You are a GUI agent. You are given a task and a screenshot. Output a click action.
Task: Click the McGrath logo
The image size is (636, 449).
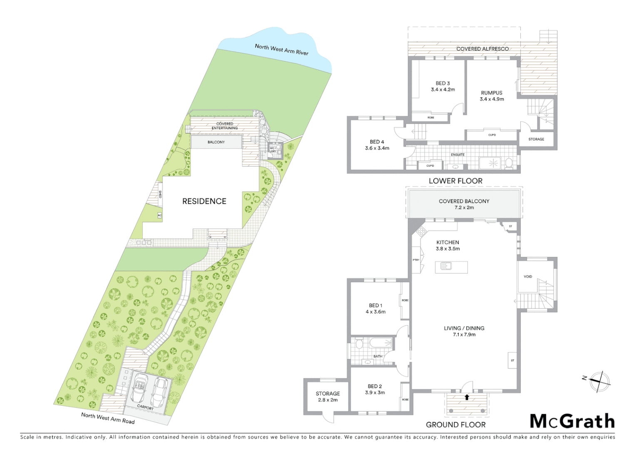coord(572,421)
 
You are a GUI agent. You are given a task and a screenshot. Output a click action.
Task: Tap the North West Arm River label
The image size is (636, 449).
coord(281,49)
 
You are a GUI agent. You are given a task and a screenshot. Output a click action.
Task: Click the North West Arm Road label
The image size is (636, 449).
coord(108,418)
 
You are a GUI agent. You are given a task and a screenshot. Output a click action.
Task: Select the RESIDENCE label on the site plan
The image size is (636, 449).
coord(204,201)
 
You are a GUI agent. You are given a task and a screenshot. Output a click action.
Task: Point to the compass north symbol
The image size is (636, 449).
coord(599,381)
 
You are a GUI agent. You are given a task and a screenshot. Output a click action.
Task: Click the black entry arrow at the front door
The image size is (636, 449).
coord(467,397)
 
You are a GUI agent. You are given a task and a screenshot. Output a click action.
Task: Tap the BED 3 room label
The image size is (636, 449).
coord(443,86)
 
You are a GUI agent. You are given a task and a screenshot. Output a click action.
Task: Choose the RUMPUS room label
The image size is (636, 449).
coord(492,96)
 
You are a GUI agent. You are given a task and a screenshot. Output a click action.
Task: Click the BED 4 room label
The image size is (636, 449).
coord(377,145)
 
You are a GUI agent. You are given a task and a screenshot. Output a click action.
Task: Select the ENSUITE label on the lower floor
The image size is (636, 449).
coord(457,155)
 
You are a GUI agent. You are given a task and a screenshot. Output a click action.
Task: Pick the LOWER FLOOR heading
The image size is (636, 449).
coord(455,181)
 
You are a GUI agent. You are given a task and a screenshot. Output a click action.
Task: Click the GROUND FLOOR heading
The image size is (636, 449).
coord(455,424)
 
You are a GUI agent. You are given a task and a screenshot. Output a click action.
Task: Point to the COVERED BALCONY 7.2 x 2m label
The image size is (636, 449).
coord(464,204)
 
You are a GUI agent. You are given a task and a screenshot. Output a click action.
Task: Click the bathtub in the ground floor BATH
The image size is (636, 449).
coord(380,343)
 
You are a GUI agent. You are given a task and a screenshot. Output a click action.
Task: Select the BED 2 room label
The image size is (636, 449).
coord(375,390)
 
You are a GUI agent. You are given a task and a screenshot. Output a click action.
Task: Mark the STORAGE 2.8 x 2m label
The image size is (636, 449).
coord(328,397)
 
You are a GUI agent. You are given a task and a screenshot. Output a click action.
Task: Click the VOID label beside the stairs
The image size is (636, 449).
coord(528,276)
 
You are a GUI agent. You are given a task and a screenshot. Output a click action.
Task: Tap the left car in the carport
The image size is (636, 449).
coord(139,387)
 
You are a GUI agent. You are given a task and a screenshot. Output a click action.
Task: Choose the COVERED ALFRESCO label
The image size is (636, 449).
coord(482,49)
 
